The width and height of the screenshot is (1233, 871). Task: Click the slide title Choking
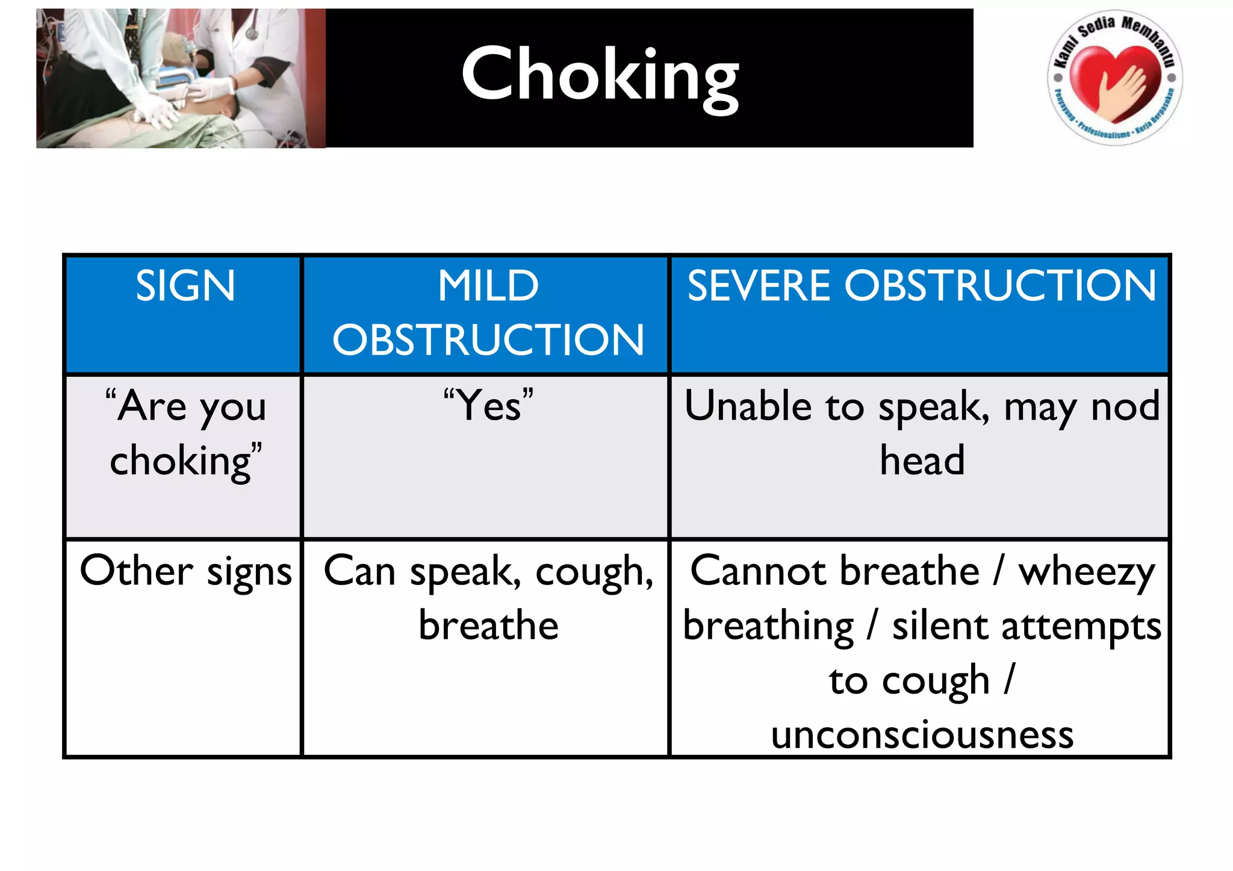[x=600, y=75]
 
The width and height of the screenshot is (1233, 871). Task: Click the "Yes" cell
[x=488, y=405]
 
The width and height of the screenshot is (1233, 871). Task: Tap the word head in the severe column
[x=922, y=460]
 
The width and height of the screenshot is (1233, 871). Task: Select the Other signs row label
[x=185, y=571]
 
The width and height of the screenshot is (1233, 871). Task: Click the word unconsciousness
[x=922, y=735]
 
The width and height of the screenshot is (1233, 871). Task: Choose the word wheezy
[x=1087, y=571]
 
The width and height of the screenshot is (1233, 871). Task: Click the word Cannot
[x=759, y=571]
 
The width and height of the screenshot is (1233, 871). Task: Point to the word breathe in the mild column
[x=488, y=625]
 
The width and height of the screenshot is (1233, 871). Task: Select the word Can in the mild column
[x=359, y=571]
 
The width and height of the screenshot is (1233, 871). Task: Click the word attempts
[x=1081, y=627]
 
